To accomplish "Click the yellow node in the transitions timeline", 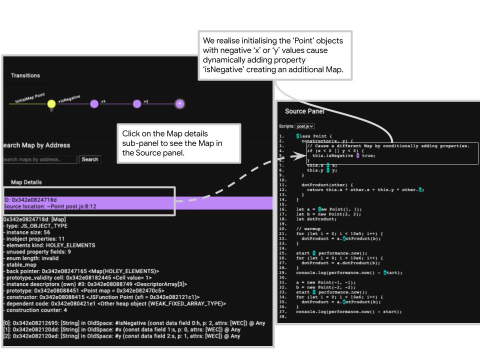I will (x=51, y=104).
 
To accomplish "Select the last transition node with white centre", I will (x=180, y=104).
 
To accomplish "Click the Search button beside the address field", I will (x=89, y=159).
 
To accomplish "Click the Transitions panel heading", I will (x=25, y=75).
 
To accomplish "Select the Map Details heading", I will (x=26, y=182).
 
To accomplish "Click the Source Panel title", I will (x=304, y=111).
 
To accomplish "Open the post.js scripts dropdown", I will (x=305, y=126).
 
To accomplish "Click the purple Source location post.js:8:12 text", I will (x=50, y=206).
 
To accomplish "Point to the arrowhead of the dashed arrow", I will (x=300, y=156).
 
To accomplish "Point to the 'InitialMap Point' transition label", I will (x=29, y=97).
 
